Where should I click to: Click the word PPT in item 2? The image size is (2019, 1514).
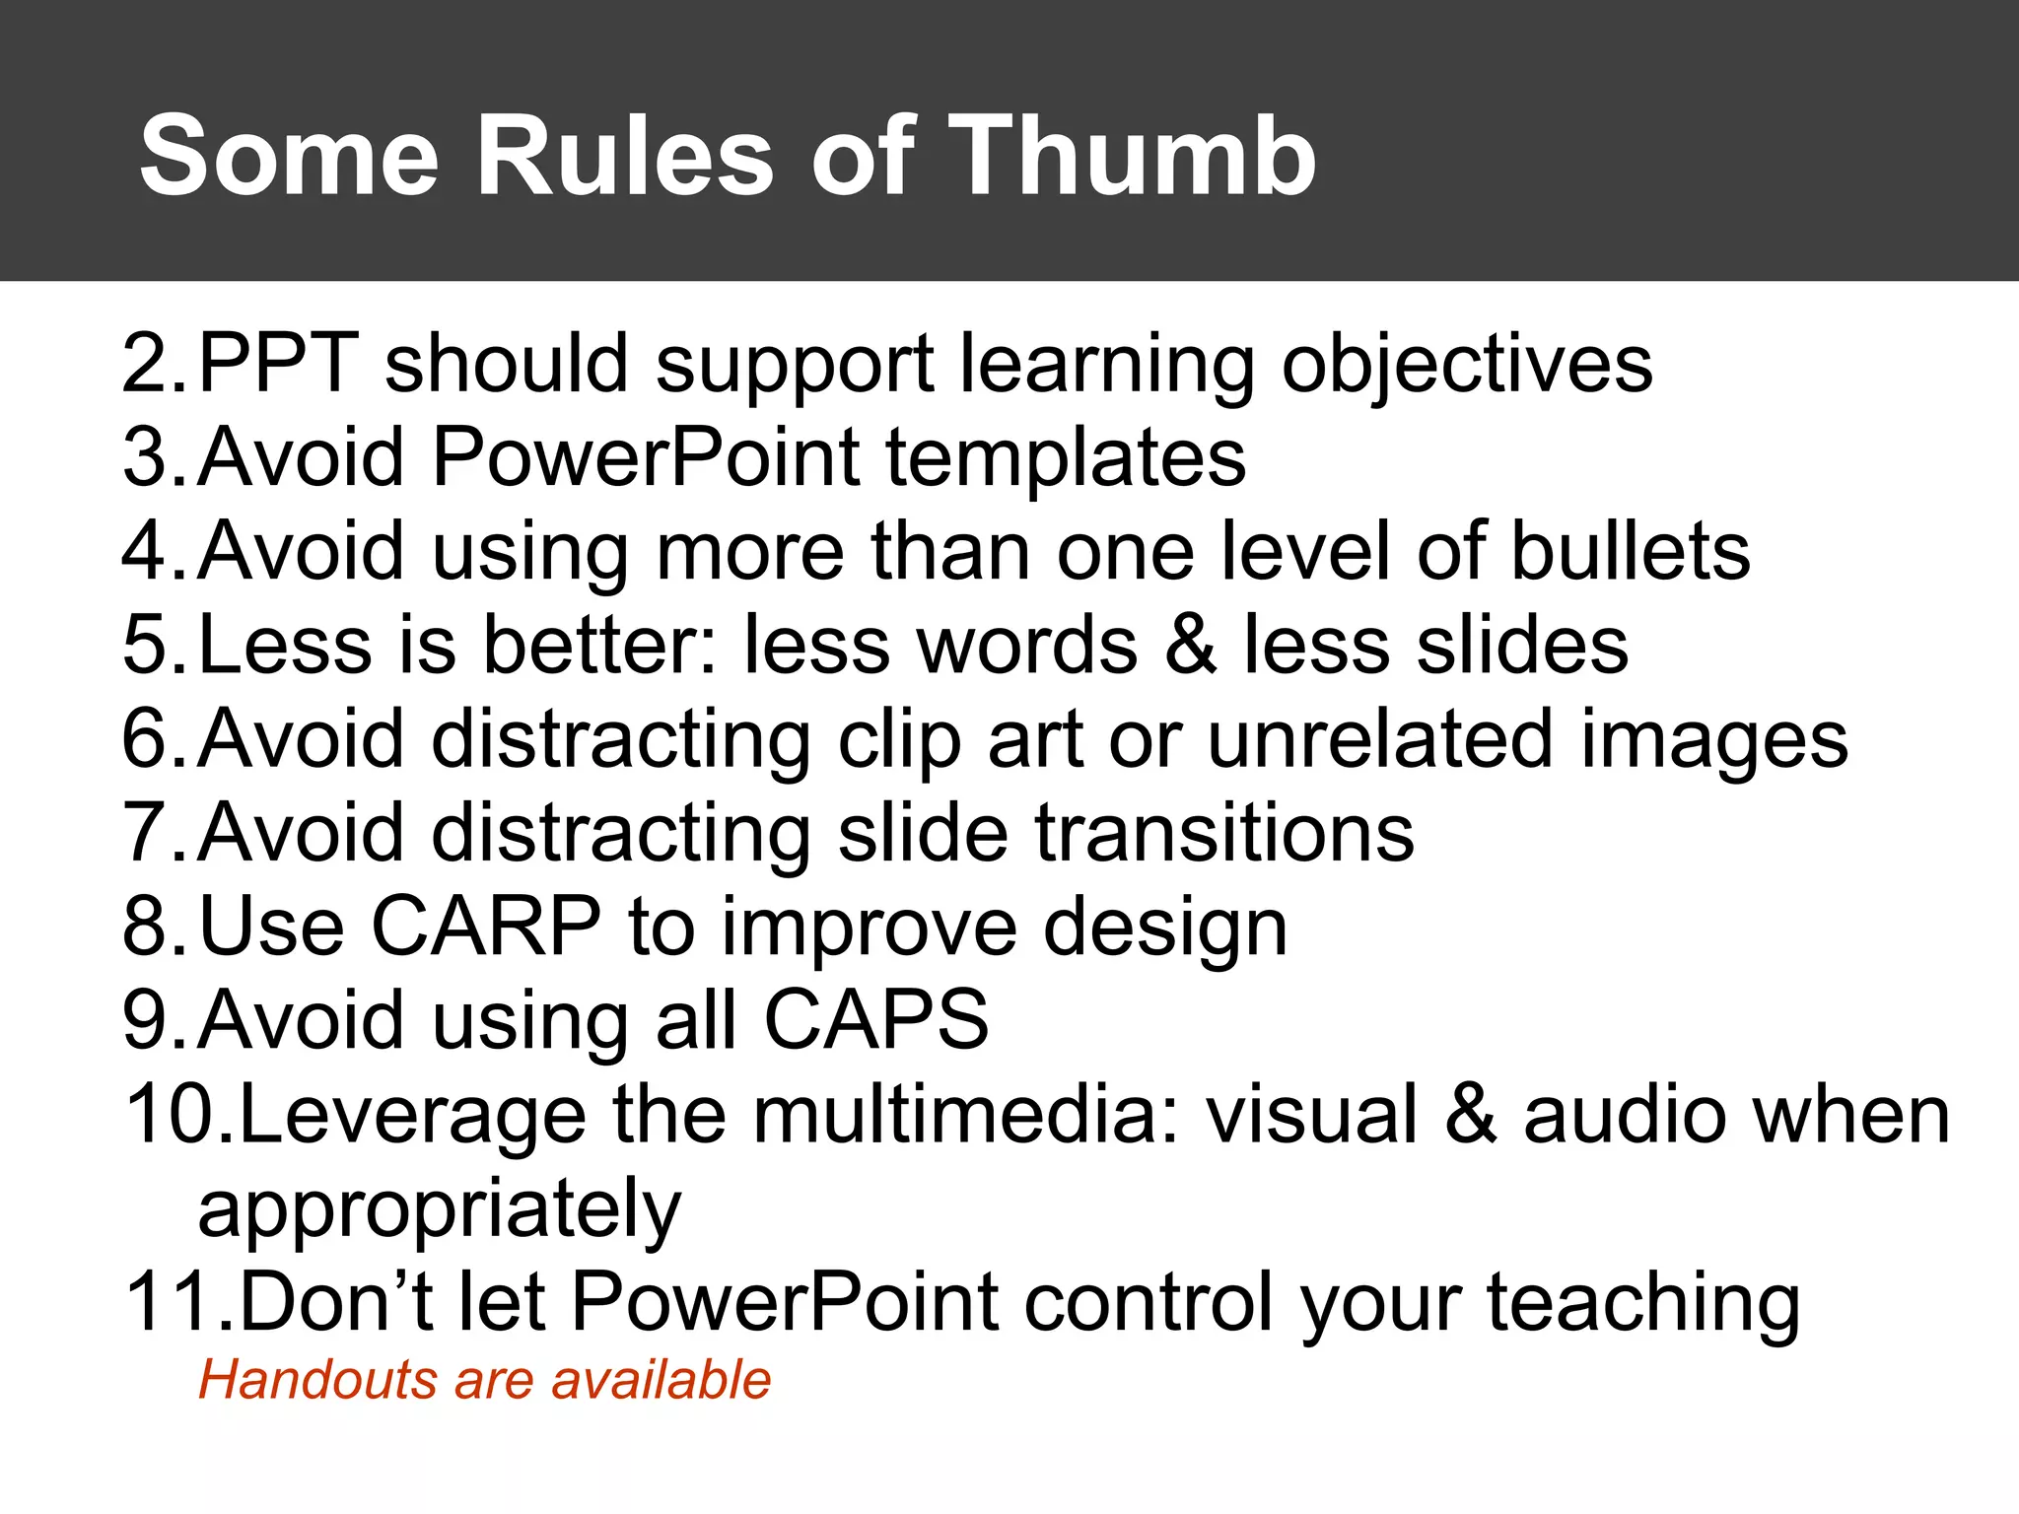pos(278,364)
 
